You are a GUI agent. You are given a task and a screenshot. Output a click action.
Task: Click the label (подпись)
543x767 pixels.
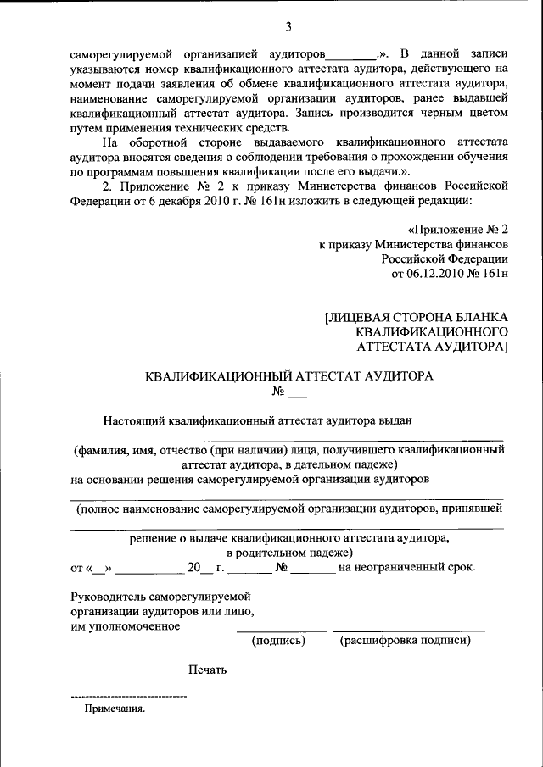[x=278, y=642]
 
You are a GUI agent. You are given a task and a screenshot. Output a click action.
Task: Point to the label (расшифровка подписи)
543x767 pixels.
[x=406, y=642]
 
